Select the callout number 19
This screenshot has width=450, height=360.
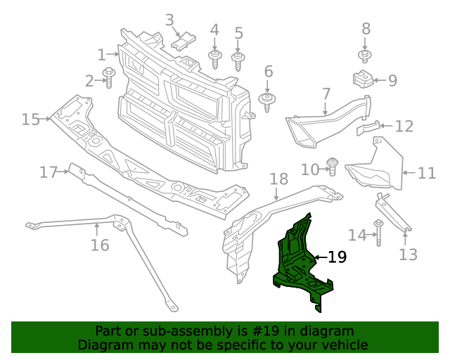tap(337, 257)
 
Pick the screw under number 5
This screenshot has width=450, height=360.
tap(238, 60)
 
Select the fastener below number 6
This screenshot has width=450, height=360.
tap(267, 101)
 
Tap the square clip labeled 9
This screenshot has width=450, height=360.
tap(361, 79)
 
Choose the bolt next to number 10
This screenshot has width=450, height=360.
tap(334, 168)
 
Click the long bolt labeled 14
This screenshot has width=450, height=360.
tap(378, 233)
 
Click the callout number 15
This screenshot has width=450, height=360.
tap(30, 120)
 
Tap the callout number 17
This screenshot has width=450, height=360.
tap(48, 172)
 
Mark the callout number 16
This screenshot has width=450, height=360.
tap(100, 245)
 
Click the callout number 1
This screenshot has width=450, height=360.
tap(101, 54)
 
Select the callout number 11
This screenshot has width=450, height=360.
tap(427, 173)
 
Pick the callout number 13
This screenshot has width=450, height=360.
tap(408, 254)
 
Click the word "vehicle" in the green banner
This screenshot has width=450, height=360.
tap(343, 345)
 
